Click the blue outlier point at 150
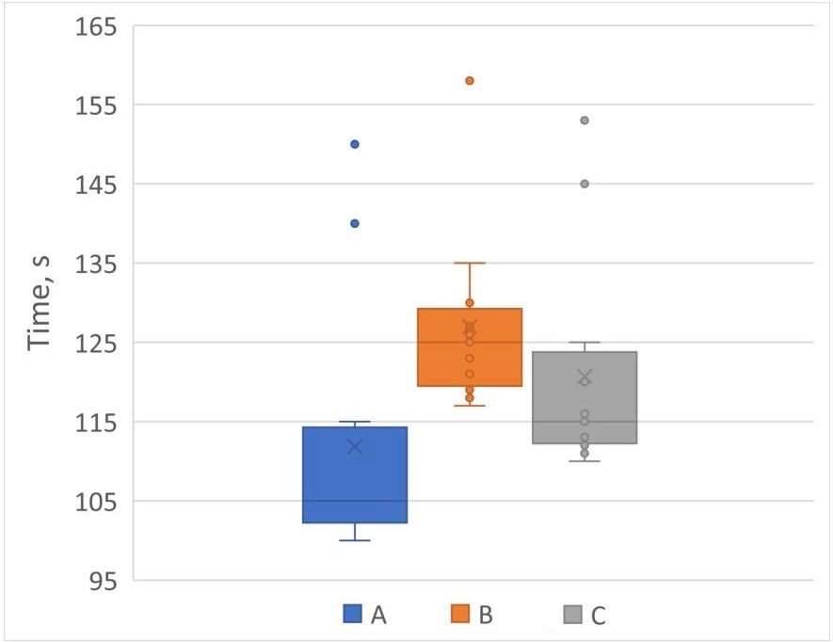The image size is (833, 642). (x=355, y=144)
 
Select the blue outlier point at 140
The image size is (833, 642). (x=355, y=223)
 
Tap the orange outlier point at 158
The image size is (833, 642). (x=470, y=81)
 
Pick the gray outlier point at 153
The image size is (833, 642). (x=585, y=120)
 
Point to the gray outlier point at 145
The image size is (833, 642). (x=585, y=184)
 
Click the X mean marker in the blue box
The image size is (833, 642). (x=355, y=446)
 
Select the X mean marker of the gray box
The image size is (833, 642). (x=585, y=377)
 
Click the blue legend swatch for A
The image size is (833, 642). (x=352, y=616)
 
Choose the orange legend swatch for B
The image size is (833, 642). (x=460, y=616)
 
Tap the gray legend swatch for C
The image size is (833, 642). (x=570, y=616)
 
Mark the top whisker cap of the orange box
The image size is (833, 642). (x=470, y=263)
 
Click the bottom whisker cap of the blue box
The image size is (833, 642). (x=355, y=540)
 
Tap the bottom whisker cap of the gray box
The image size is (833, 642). (x=585, y=461)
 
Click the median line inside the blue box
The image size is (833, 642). (x=355, y=501)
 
